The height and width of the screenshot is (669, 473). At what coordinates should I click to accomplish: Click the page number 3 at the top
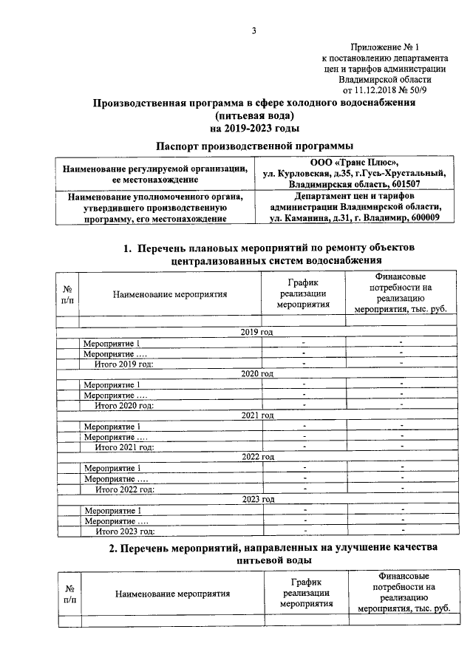253,30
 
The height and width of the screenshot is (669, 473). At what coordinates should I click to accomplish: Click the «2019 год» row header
257,333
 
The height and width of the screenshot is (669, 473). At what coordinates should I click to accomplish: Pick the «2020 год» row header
257,374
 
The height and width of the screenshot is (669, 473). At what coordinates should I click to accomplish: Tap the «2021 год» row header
257,415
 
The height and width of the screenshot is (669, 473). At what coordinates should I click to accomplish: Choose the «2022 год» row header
257,458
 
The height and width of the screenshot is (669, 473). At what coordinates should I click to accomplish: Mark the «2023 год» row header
257,499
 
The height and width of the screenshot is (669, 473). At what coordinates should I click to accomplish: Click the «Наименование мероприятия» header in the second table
171,594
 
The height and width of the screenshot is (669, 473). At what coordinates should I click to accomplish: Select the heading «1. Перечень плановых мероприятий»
269,246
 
